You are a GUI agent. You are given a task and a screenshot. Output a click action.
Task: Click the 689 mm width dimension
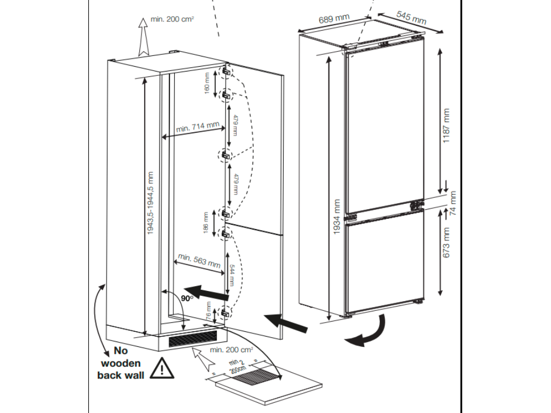334,20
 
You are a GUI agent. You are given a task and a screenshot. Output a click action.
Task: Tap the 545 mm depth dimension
411,17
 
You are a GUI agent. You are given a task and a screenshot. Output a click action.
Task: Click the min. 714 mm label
197,128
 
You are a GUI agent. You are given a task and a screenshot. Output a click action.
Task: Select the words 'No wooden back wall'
121,363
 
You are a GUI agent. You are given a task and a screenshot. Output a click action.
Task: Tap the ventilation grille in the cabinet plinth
193,340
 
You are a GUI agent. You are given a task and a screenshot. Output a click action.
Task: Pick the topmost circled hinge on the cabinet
227,70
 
